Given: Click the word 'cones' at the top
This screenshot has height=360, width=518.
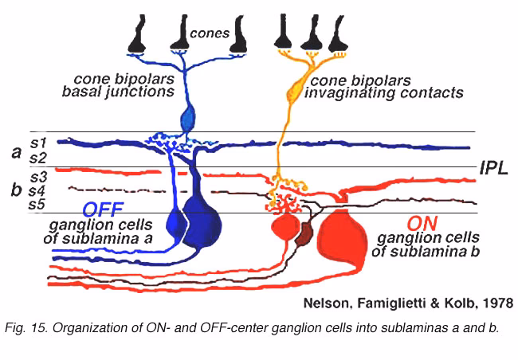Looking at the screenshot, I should (x=209, y=33).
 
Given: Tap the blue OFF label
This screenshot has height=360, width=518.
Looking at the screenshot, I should (x=105, y=209).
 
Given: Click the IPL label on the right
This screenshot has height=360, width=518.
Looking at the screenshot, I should (x=494, y=168).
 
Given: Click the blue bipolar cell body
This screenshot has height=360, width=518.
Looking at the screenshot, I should (x=188, y=119).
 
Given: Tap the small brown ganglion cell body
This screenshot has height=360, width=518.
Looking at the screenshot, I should (x=304, y=234).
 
